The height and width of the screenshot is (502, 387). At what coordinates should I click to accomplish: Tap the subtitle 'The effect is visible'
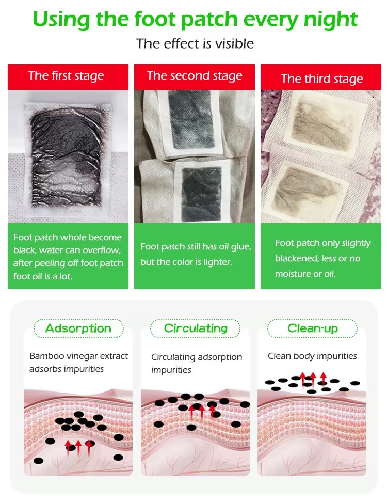[x=195, y=43]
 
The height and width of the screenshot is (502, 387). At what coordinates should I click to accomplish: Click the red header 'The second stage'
[x=195, y=76]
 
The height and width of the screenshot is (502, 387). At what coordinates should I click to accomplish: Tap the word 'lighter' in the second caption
[x=217, y=262]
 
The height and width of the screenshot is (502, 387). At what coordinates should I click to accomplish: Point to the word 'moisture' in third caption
[x=293, y=274]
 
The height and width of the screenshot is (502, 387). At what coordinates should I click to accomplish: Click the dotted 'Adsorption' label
[x=78, y=328]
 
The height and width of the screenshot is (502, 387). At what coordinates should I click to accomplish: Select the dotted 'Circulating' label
[x=196, y=328]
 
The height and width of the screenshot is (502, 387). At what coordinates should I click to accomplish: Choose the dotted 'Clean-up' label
[x=313, y=328]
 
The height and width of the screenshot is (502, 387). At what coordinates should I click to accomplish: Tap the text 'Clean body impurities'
[x=312, y=356]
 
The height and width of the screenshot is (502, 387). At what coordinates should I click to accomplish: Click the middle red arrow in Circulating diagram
[x=202, y=412]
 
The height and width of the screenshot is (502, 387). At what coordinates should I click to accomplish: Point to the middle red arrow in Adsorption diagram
[x=78, y=448]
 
